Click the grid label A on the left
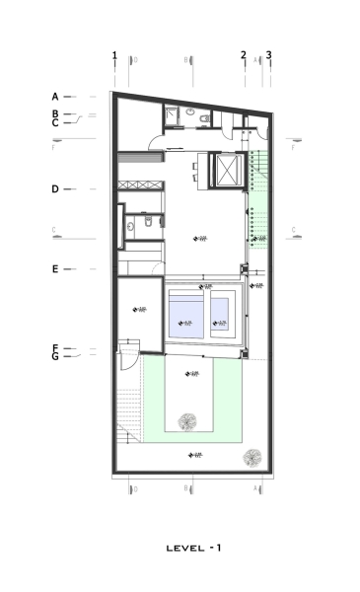55,97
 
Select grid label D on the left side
55,188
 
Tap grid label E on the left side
55,268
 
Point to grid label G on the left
55,357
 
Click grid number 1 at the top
114,55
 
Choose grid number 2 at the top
244,55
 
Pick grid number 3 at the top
268,55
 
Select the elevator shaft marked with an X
228,171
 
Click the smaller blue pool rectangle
221,312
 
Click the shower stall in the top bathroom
170,116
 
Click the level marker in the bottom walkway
195,455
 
